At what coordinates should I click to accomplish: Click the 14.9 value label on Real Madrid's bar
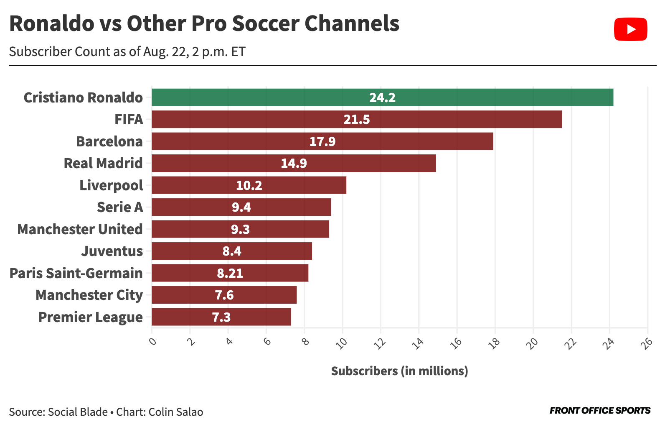(x=294, y=163)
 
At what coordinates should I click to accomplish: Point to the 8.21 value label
(x=230, y=273)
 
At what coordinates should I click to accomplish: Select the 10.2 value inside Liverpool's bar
(x=249, y=185)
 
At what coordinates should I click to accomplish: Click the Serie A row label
(x=120, y=207)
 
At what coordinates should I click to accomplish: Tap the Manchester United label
(x=80, y=229)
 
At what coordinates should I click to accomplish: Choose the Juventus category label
(x=112, y=251)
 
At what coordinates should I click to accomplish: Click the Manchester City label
(x=89, y=295)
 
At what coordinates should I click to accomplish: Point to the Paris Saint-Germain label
(x=76, y=273)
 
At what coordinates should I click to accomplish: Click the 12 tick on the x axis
(x=380, y=343)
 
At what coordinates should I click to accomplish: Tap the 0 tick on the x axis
(x=152, y=342)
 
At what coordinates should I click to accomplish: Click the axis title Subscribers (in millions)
(x=399, y=371)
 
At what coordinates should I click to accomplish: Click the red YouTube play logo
(x=630, y=29)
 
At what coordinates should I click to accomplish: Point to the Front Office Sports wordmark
(x=600, y=410)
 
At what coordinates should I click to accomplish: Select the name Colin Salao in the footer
(x=176, y=412)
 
